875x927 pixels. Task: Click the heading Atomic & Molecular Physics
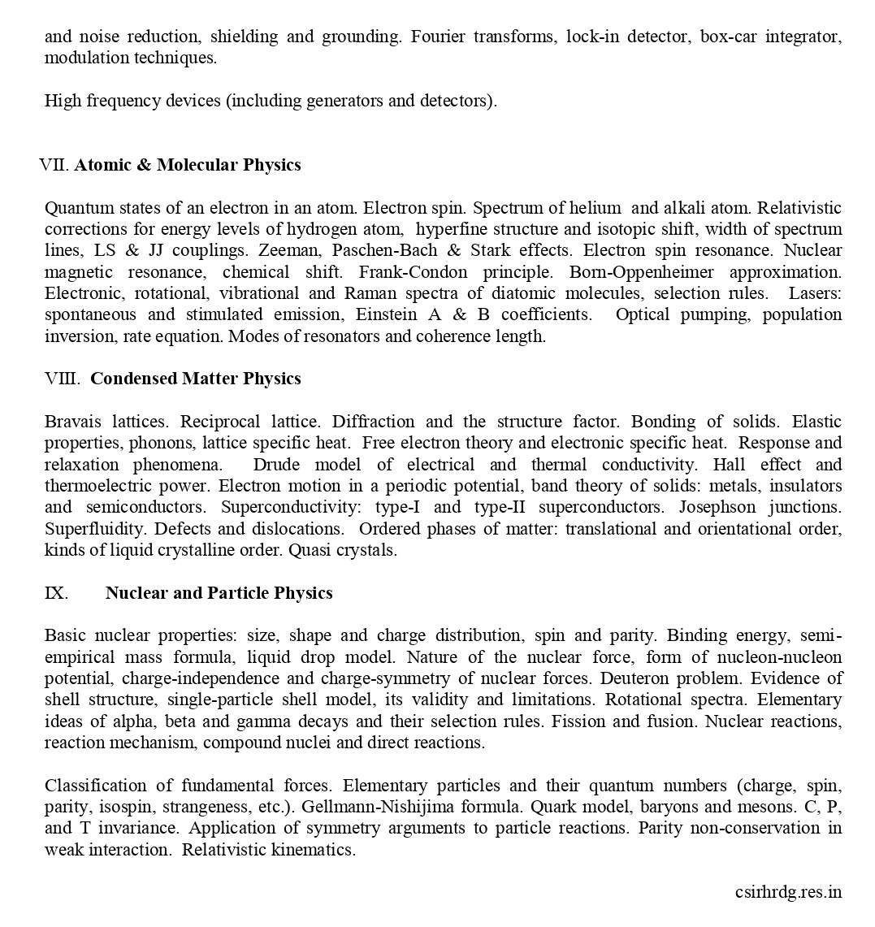tap(187, 165)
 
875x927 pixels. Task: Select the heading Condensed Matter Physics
tap(195, 379)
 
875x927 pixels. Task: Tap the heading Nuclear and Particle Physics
tap(219, 593)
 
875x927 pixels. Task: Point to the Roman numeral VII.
tap(55, 165)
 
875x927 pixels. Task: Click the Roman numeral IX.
tap(56, 593)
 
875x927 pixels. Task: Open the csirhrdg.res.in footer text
tap(788, 892)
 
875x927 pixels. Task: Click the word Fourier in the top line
tap(439, 37)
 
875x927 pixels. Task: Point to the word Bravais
tap(73, 422)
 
